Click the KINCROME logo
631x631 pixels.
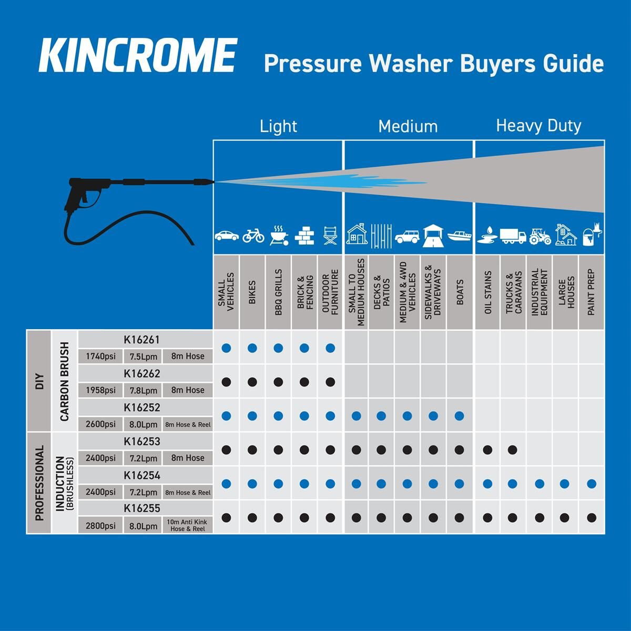[138, 55]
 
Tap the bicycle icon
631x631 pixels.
[253, 236]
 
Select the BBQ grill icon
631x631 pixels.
[279, 235]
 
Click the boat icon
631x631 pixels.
[460, 236]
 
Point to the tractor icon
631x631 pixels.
[540, 236]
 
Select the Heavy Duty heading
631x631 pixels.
[538, 126]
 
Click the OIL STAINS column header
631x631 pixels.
[488, 292]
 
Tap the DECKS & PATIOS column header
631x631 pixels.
[381, 292]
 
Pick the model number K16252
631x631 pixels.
[142, 408]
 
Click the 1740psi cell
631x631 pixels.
[100, 357]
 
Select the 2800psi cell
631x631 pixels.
[100, 526]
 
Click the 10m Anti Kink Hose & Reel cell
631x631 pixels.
[187, 525]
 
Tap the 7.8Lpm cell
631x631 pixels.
[143, 390]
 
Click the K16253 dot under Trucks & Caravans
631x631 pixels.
[513, 450]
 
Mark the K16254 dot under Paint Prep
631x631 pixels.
[592, 484]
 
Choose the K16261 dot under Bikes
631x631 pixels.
[252, 348]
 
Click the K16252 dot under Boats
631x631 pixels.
[460, 416]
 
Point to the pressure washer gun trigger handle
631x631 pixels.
[75, 197]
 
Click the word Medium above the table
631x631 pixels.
[408, 126]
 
